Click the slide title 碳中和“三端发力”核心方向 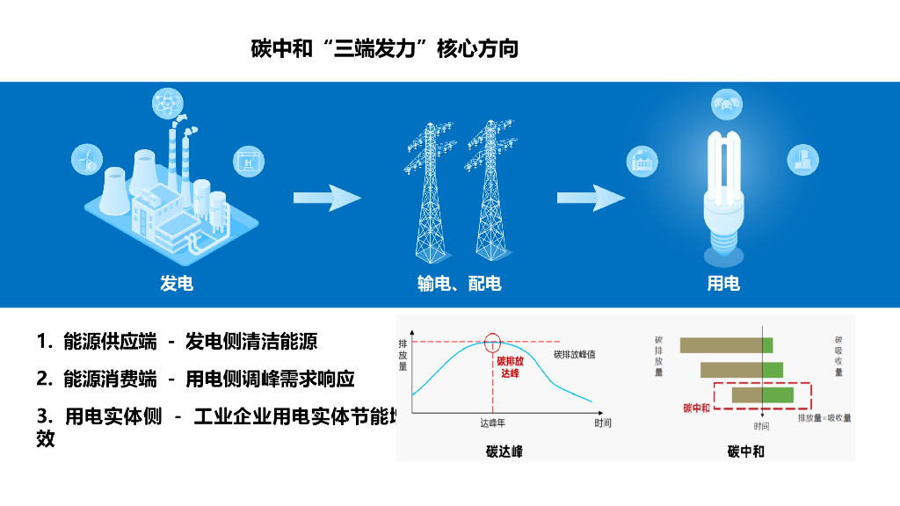tap(385, 47)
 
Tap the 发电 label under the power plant tap(176, 283)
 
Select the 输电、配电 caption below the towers tap(459, 283)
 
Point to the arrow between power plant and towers tap(327, 199)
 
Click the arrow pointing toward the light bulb tap(591, 199)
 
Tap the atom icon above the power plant tap(167, 103)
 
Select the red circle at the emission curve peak tap(493, 341)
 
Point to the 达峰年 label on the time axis tap(492, 423)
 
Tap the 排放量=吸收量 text tap(824, 418)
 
